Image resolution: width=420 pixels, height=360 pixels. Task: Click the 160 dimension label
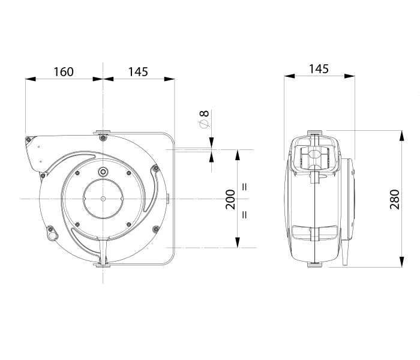pyautogui.click(x=64, y=72)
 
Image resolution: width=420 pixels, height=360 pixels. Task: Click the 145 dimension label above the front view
pyautogui.click(x=138, y=72)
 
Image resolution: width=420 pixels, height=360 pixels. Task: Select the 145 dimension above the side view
pyautogui.click(x=319, y=69)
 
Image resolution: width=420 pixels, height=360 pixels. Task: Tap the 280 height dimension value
pyautogui.click(x=395, y=199)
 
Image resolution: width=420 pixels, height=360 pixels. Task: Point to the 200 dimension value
pyautogui.click(x=230, y=199)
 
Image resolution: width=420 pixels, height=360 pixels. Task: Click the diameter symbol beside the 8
pyautogui.click(x=204, y=124)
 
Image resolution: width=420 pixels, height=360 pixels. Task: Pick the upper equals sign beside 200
pyautogui.click(x=245, y=187)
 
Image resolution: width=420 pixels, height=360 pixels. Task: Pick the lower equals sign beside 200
pyautogui.click(x=245, y=215)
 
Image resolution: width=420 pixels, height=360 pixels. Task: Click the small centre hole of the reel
pyautogui.click(x=103, y=199)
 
